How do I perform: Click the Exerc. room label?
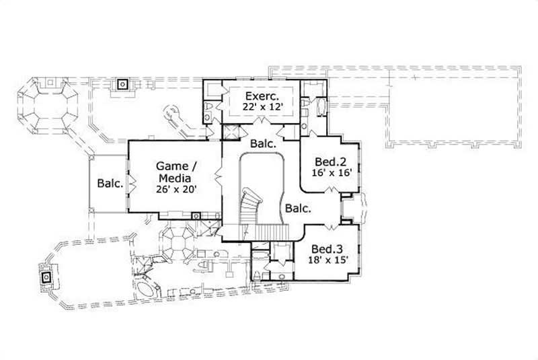(261, 96)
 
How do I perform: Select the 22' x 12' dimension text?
(261, 107)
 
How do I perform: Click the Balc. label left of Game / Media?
(109, 183)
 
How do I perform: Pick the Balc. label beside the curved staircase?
(297, 209)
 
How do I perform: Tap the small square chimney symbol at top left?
(122, 85)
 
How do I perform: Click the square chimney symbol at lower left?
(46, 277)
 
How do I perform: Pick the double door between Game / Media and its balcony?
(131, 183)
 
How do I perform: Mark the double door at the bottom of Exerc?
(261, 122)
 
